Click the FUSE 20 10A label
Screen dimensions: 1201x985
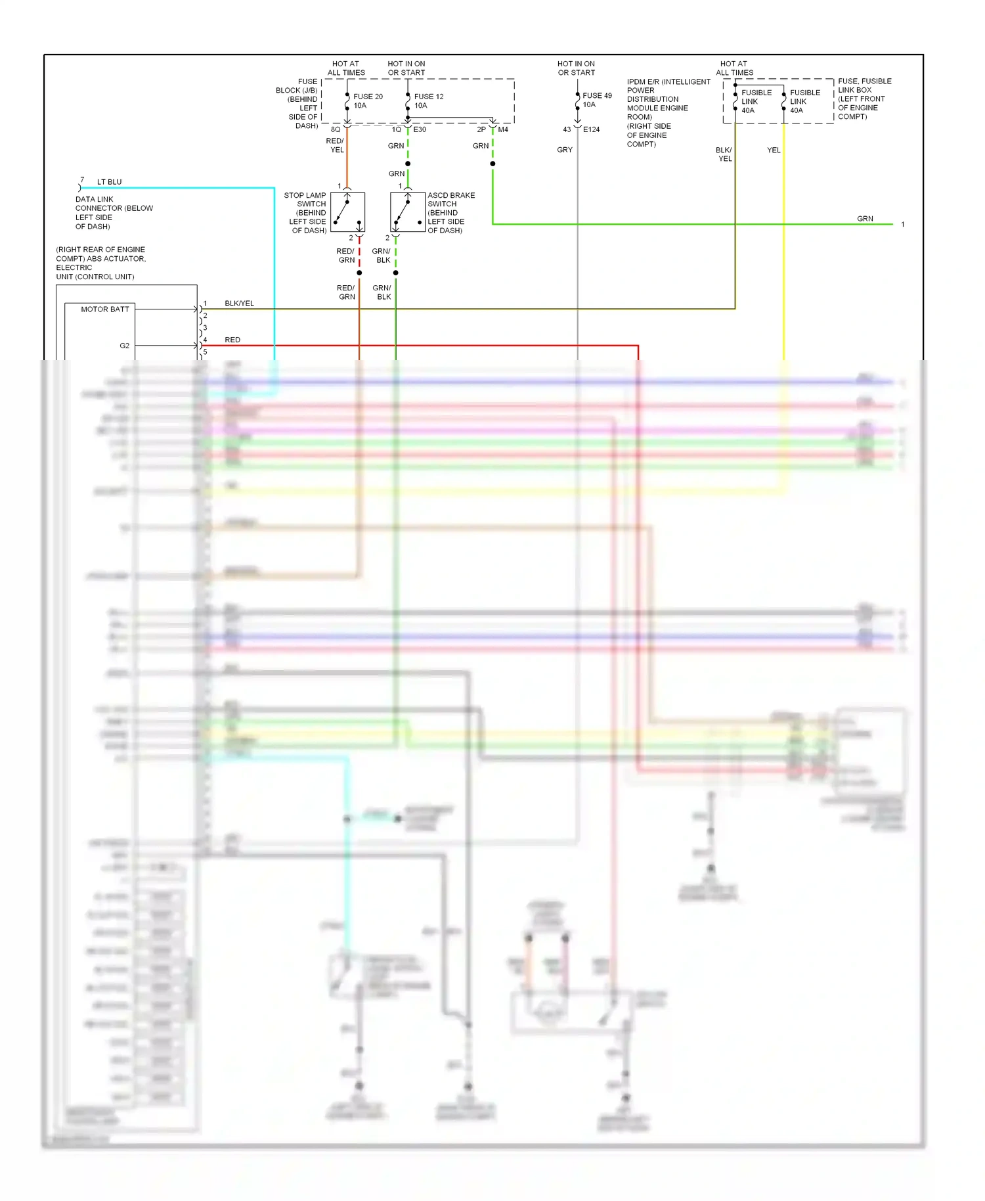367,101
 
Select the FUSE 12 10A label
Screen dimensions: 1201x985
428,101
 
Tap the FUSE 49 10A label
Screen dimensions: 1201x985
596,100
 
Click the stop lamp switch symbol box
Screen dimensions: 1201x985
347,212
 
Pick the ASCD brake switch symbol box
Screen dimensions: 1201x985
408,212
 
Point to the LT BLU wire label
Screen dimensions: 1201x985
109,182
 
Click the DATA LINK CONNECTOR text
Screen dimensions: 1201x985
114,213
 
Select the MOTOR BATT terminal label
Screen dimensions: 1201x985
105,309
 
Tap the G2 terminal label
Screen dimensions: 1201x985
125,346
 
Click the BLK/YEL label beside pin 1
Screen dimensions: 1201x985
239,304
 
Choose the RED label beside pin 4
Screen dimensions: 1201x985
232,340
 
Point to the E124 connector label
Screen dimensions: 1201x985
591,129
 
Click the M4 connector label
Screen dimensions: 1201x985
503,129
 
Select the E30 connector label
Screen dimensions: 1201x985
420,129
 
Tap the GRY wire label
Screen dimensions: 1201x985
565,150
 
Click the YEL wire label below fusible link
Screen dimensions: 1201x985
774,150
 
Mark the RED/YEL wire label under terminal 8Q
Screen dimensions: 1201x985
336,145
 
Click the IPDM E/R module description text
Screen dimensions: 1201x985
667,113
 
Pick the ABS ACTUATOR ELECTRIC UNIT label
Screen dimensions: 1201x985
101,263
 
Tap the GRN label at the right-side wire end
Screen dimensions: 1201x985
865,219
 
